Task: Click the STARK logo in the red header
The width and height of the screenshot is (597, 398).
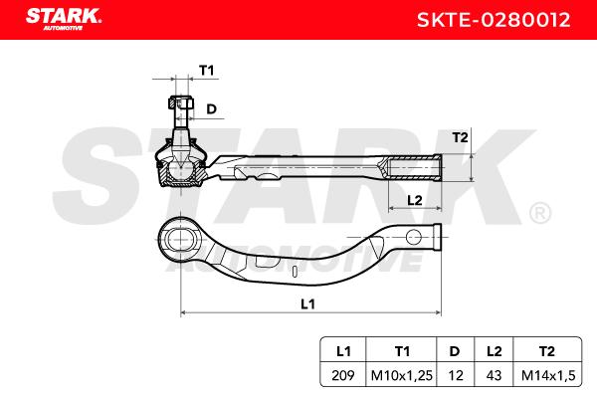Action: pos(64,18)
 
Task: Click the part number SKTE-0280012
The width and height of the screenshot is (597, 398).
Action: pos(494,20)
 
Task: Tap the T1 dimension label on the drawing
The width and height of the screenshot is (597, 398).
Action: pos(207,71)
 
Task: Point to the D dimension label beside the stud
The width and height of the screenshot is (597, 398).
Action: pos(211,109)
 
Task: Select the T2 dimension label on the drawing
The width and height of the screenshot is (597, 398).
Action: pos(460,137)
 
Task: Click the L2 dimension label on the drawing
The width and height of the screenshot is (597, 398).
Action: pos(415,200)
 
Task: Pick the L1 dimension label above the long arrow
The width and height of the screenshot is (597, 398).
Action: pos(307,303)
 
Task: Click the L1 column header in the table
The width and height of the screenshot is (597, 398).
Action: pos(343,351)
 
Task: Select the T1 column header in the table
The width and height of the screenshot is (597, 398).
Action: pos(402,351)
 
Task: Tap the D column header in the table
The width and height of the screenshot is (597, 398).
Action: pos(455,351)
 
